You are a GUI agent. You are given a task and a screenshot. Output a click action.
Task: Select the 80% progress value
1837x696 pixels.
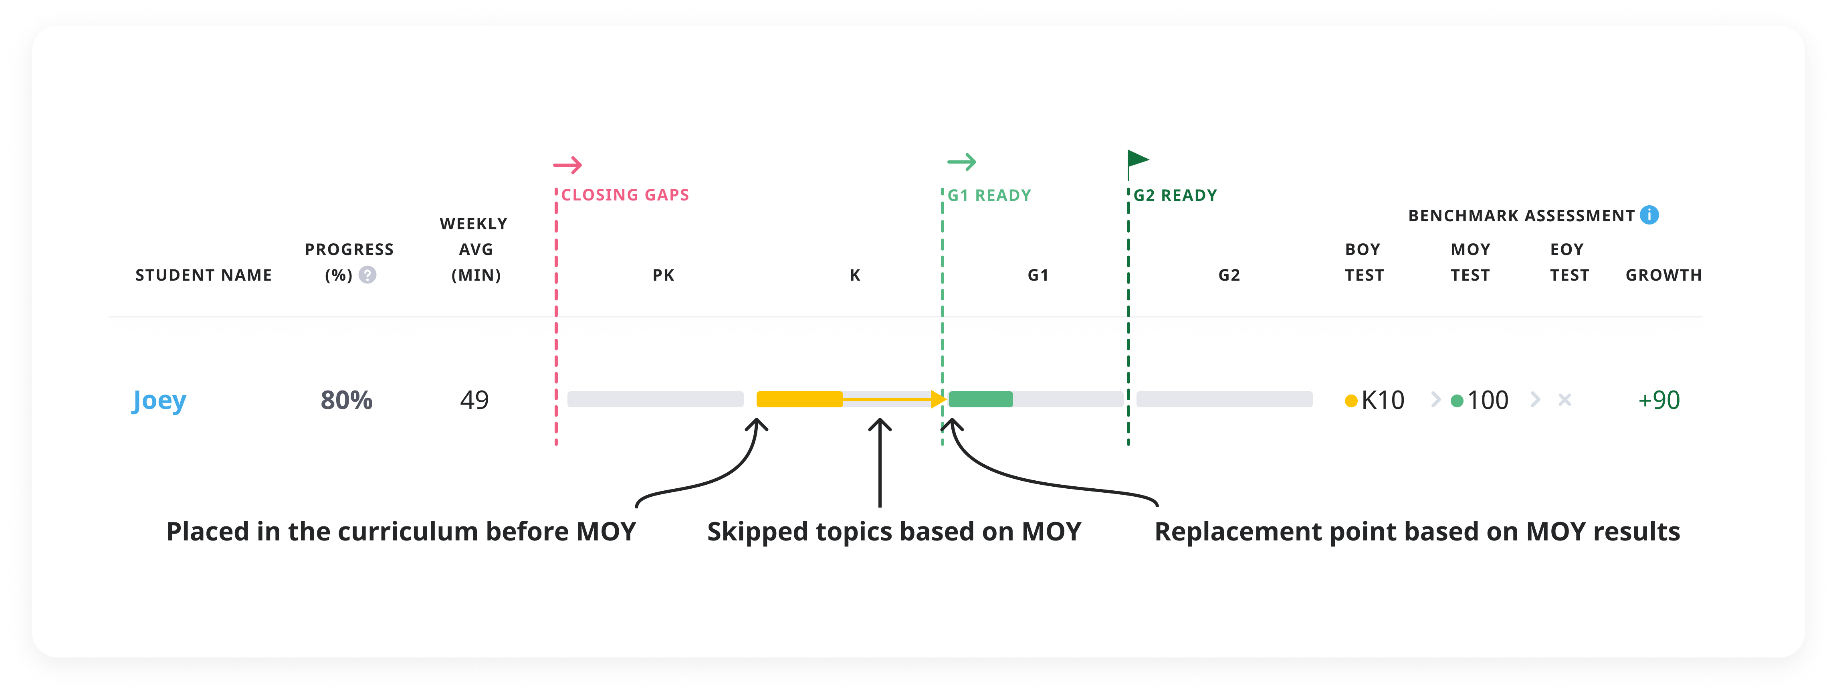[x=347, y=400]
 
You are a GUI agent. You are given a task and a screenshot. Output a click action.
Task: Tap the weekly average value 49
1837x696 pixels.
[x=474, y=400]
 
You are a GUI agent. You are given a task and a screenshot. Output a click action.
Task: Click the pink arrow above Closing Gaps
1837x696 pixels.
[x=567, y=166]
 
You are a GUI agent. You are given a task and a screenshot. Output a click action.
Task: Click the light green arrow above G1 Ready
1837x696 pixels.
[x=961, y=163]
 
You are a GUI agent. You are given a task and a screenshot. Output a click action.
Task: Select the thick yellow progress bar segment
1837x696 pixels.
[x=799, y=399]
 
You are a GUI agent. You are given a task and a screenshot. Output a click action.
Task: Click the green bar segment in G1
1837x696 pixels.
[x=981, y=399]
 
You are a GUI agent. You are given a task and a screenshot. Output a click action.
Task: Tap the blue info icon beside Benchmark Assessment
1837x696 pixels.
[x=1649, y=214]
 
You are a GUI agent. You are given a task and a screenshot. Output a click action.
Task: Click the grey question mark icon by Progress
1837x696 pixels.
[x=367, y=275]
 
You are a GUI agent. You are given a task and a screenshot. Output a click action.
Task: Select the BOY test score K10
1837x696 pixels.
[x=1382, y=400]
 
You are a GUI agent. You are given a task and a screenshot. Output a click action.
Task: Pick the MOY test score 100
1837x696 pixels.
[x=1487, y=400]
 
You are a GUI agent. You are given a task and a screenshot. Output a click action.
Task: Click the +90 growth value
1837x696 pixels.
[x=1659, y=400]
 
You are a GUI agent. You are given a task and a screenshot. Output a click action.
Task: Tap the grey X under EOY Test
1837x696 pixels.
[x=1564, y=400]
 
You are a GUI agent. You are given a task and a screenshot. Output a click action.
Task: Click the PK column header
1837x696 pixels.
[x=663, y=275]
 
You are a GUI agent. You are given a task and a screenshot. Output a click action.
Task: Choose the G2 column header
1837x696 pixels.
[x=1229, y=275]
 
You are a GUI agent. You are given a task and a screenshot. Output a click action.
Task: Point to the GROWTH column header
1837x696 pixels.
[x=1663, y=275]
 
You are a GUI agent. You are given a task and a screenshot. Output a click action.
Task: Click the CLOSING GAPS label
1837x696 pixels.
[x=625, y=195]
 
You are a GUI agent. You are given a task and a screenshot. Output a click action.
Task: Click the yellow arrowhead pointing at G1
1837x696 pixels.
[x=939, y=399]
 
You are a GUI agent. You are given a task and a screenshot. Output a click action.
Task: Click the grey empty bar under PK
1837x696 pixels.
[x=655, y=399]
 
